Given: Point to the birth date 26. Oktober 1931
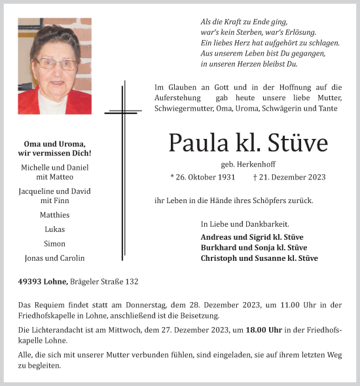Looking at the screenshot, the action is (x=204, y=177).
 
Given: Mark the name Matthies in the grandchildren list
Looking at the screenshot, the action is (x=54, y=215).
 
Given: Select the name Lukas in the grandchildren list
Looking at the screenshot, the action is (x=54, y=229).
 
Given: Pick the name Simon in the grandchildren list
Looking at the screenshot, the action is (x=54, y=243).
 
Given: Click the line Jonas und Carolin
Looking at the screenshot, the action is (x=54, y=258).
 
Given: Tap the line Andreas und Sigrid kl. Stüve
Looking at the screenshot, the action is (x=252, y=237).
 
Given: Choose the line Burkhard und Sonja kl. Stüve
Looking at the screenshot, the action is (x=253, y=248).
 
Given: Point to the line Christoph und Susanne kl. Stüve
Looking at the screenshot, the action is (x=259, y=258).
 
